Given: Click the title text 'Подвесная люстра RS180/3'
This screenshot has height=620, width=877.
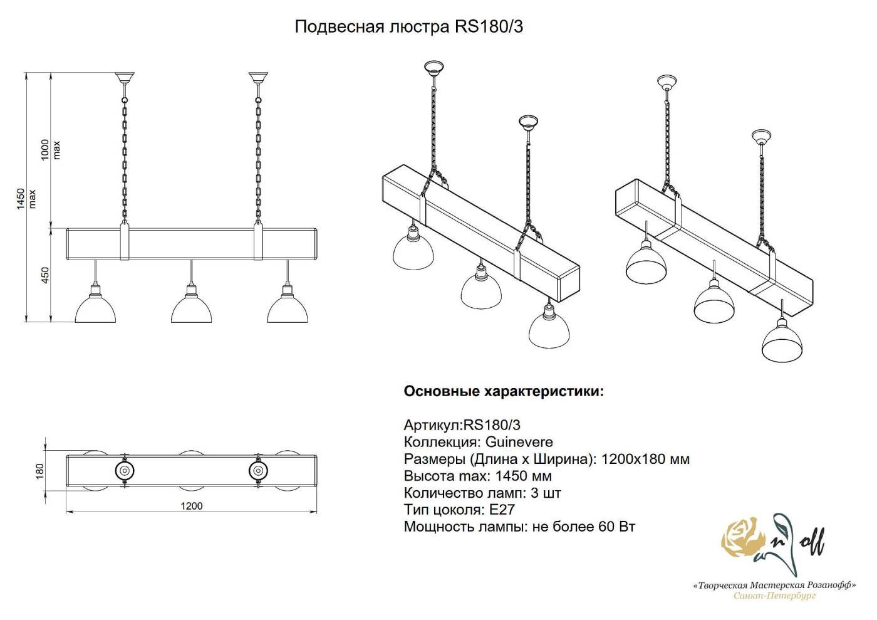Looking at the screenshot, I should pos(408,27).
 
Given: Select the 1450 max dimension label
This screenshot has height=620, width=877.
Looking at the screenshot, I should pos(26,198).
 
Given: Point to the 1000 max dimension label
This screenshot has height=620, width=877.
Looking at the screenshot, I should pos(51,150).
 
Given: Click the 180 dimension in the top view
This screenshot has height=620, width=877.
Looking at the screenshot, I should pos(40,470).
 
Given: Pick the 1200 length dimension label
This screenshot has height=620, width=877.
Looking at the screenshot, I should pos(192,507).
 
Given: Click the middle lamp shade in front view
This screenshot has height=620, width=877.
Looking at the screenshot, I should pos(191,308).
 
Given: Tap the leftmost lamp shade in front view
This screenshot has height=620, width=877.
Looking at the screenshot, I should pos(95,308).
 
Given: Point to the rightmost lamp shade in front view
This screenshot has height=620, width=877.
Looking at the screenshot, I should pos(288,308).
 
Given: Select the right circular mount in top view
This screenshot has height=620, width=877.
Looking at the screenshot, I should pos(257,470).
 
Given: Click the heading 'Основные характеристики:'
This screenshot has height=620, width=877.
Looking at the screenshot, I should pos(504,392).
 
